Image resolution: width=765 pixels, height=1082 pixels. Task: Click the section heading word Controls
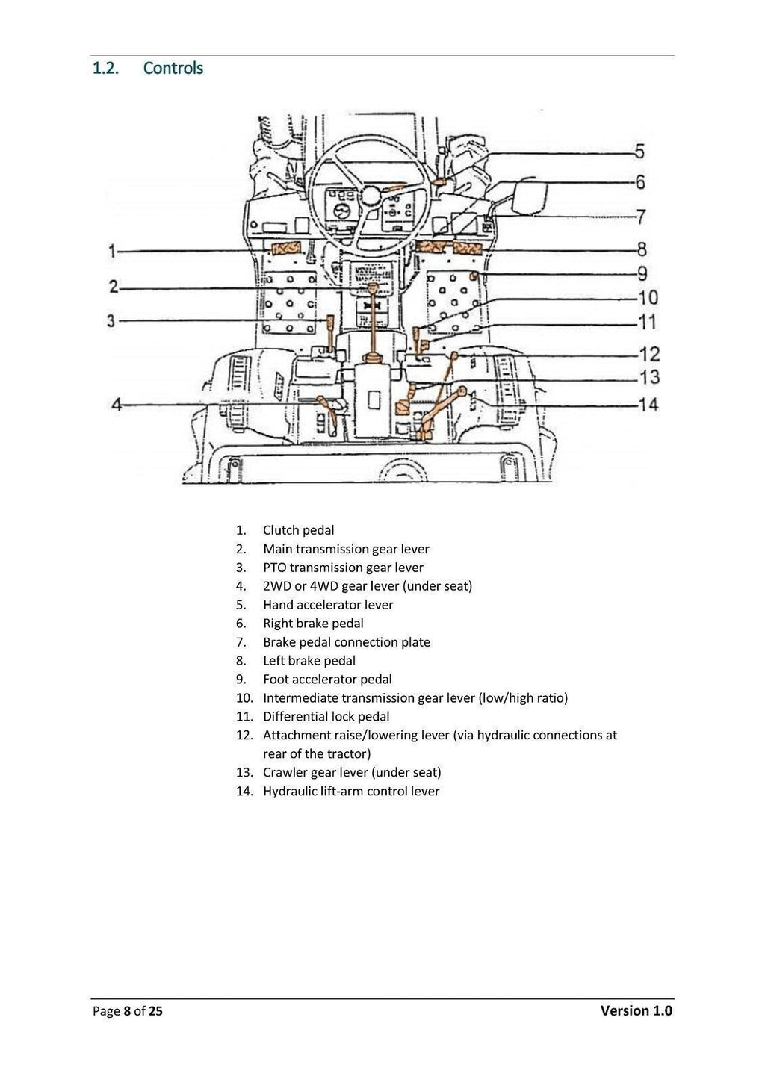173,68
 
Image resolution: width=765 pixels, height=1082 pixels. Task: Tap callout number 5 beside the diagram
639,152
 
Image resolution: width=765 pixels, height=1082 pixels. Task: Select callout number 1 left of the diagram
112,251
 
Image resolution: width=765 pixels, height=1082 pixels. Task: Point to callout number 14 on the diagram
648,405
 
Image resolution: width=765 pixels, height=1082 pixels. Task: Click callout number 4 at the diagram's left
117,405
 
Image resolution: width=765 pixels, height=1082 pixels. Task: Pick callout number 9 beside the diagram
642,273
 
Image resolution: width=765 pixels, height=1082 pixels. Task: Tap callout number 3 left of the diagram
112,321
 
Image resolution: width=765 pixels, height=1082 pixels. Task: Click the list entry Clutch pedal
298,530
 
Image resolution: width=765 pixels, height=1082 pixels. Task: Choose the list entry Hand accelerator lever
327,605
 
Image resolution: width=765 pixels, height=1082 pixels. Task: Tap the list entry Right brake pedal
313,624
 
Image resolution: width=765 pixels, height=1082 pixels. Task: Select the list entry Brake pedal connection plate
346,642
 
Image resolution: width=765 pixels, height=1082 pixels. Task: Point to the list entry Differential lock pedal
326,716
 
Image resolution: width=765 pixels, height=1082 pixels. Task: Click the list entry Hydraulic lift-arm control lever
351,791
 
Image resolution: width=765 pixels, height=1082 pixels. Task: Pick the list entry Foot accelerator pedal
326,679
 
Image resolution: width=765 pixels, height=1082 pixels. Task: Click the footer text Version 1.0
636,1011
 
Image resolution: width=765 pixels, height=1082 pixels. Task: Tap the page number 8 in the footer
128,1012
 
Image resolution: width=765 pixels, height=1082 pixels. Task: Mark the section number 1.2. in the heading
105,68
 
